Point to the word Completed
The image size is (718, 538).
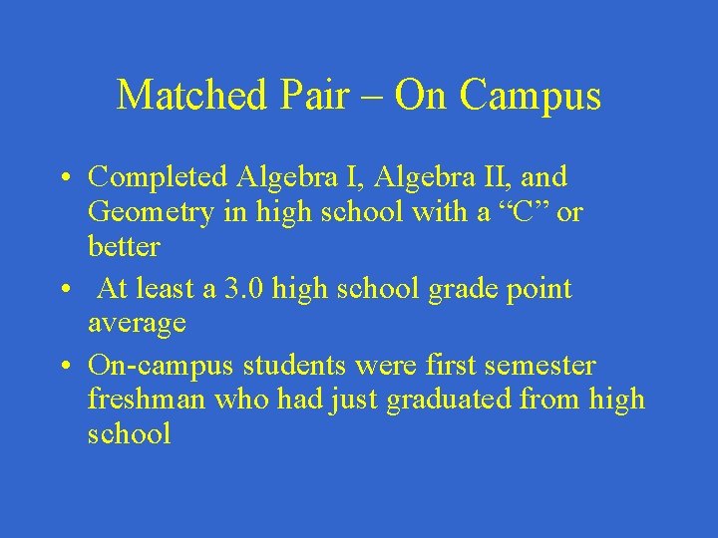coord(160,178)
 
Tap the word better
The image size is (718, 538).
coord(124,245)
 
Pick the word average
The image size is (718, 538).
coord(137,323)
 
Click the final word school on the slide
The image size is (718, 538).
coord(129,433)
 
